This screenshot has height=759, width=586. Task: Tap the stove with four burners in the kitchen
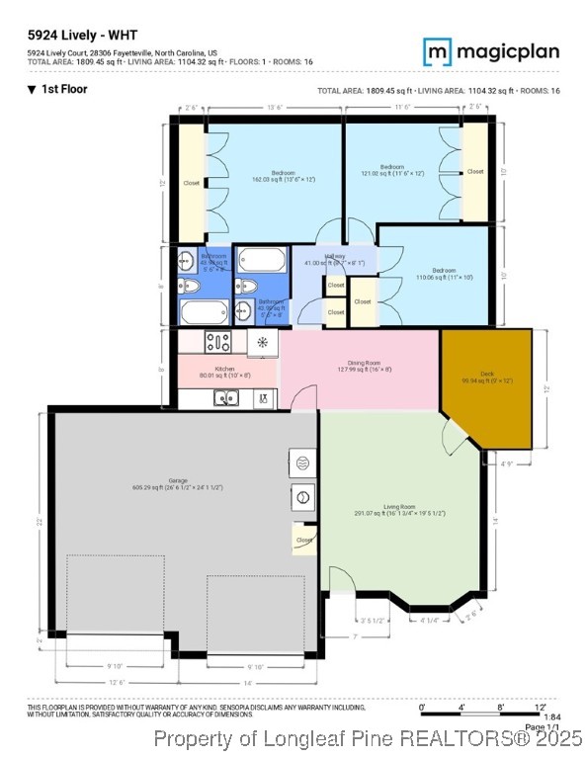pos(217,343)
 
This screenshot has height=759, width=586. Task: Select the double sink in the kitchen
pos(225,398)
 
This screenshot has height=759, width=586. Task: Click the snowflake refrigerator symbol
pos(262,343)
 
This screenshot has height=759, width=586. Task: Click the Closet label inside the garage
pos(304,540)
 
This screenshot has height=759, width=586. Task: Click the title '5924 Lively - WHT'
pos(82,36)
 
